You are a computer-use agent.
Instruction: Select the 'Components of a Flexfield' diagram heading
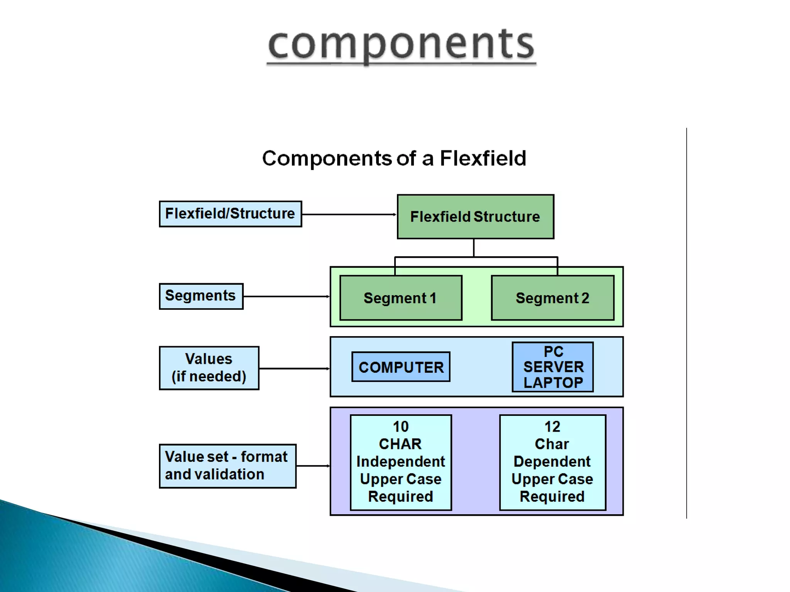[394, 158]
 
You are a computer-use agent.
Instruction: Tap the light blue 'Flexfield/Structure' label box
[230, 214]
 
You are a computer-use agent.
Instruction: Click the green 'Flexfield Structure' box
[475, 217]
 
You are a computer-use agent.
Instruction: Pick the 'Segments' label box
[201, 296]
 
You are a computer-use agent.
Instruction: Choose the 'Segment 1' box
[400, 298]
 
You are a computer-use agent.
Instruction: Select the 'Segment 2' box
[552, 298]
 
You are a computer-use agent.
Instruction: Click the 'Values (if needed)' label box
[209, 368]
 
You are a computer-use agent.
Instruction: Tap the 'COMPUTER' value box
[401, 367]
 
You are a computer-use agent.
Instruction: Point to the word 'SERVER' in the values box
[553, 367]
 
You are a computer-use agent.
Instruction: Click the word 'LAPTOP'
[553, 383]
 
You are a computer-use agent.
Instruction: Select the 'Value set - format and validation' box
[227, 466]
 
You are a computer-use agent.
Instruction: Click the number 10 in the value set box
[400, 427]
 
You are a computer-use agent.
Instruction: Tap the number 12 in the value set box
[552, 427]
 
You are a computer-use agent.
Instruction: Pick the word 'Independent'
[400, 461]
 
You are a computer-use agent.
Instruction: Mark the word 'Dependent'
[552, 461]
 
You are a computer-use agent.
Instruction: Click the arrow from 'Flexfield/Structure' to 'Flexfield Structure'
[349, 214]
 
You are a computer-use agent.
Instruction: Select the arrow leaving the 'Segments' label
[286, 296]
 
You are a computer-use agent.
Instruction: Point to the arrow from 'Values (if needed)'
[294, 368]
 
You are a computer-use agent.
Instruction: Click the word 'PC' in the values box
[553, 351]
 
